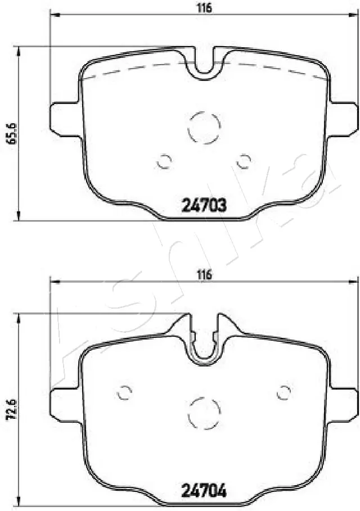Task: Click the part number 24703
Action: coord(204,206)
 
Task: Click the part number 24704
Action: coord(204,491)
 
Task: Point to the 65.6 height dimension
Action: coord(8,133)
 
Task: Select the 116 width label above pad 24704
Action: coord(204,275)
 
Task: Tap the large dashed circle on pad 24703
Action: coord(202,128)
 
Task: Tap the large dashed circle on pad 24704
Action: coord(202,413)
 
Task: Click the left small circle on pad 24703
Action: coord(164,161)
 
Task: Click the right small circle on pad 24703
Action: coord(244,161)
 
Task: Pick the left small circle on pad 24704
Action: coord(124,392)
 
